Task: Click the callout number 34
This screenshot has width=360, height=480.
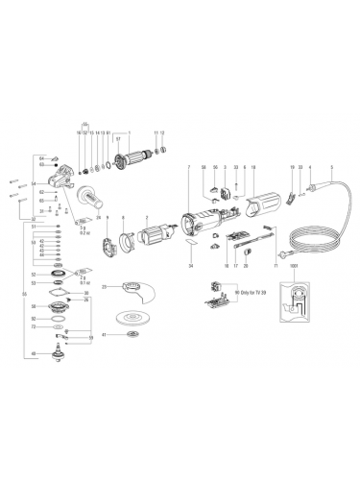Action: coord(191,264)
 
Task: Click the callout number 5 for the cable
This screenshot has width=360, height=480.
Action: coord(331,168)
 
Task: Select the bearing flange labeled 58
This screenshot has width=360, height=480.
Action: coord(64,306)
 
